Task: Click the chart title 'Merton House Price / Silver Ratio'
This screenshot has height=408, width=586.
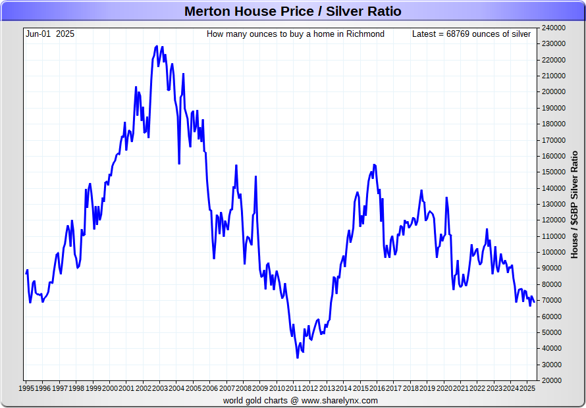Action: tap(292, 11)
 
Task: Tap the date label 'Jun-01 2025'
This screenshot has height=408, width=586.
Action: tap(50, 34)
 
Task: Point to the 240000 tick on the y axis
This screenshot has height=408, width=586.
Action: tap(554, 28)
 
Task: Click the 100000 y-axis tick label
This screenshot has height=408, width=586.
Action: tap(554, 252)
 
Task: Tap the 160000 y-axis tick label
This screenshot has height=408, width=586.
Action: tap(554, 156)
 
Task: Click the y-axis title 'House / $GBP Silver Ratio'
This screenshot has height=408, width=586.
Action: tap(574, 204)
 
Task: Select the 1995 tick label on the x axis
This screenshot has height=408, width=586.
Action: tap(26, 388)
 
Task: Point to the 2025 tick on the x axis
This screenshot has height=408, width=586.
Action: tap(527, 388)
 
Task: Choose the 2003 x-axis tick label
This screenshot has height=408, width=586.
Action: tap(160, 388)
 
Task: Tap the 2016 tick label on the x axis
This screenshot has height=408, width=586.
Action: tap(377, 388)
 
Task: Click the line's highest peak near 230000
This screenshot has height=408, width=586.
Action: tap(157, 46)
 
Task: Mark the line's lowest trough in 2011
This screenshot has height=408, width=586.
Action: tap(297, 357)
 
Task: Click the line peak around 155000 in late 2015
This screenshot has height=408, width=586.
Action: tap(374, 165)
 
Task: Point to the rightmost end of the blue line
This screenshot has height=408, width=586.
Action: tap(534, 302)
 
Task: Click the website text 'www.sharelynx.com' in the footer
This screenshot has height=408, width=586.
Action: tap(340, 400)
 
